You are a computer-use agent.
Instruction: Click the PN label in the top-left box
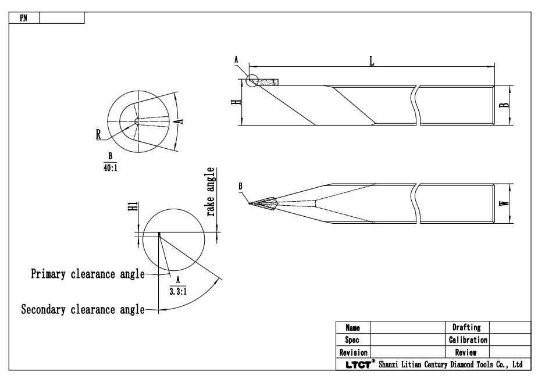(23, 18)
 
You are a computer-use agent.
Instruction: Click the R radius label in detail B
(99, 134)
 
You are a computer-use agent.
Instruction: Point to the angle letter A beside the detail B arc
(180, 121)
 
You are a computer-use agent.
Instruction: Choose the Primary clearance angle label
(87, 274)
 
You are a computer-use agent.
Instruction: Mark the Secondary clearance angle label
(83, 309)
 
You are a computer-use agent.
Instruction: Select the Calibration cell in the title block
(468, 339)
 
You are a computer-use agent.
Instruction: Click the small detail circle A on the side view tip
(252, 80)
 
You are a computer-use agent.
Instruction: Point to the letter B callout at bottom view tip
(241, 186)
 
